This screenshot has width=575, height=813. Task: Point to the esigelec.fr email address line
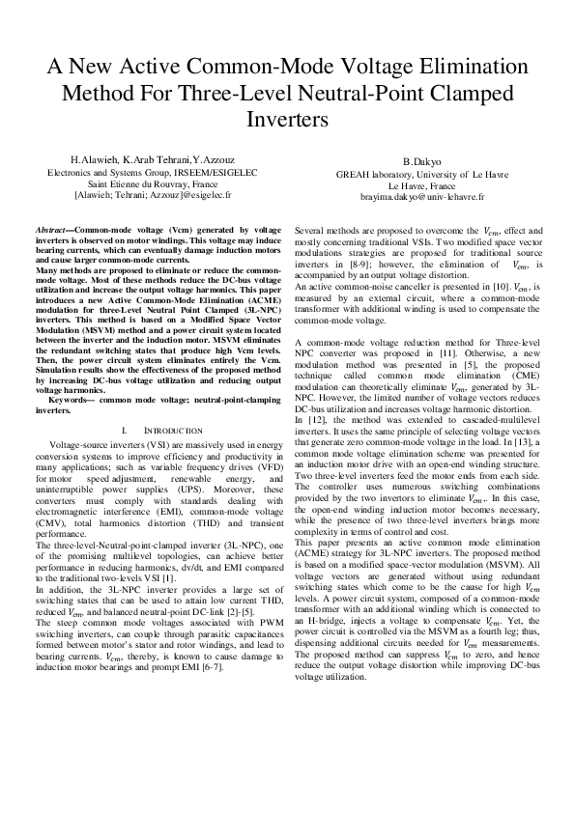pos(147,193)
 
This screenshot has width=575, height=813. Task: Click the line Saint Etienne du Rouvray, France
pos(147,182)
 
